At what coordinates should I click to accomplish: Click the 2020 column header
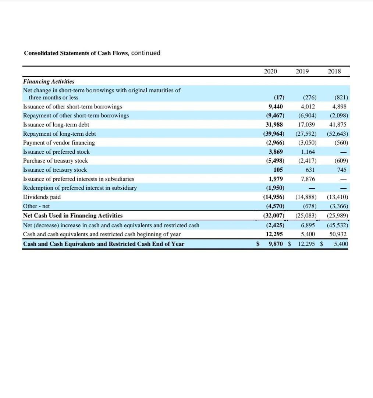270,71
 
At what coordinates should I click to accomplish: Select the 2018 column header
334,71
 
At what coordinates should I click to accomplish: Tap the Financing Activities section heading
49,81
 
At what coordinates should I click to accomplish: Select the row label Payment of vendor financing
59,143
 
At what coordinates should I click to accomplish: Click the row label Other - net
36,206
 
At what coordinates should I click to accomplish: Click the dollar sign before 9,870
258,244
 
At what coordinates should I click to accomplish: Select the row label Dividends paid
42,197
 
